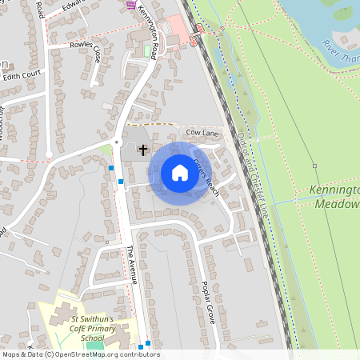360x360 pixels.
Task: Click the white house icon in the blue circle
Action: pyautogui.click(x=180, y=173)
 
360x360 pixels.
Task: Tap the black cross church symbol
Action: pyautogui.click(x=144, y=150)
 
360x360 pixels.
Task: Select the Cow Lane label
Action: pyautogui.click(x=202, y=131)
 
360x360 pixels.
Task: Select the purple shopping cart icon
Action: pyautogui.click(x=131, y=5)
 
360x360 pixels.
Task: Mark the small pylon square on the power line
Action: pyautogui.click(x=315, y=166)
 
